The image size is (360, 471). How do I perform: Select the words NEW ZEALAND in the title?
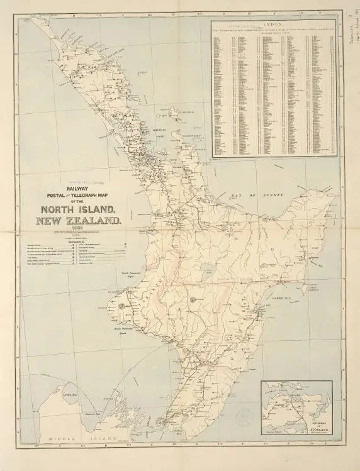78,221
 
